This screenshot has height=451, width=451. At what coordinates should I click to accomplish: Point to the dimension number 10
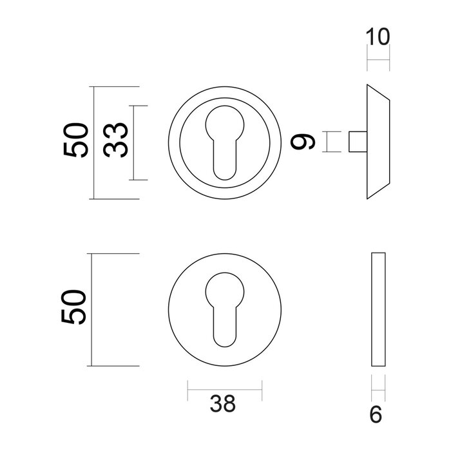coord(378,37)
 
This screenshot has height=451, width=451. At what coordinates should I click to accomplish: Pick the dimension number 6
coord(378,414)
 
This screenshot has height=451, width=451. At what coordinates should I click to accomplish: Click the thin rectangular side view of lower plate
coord(378,309)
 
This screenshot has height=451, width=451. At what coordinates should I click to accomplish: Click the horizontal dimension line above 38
coord(225,389)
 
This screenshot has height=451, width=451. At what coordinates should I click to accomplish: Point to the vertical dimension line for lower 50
coord(95,309)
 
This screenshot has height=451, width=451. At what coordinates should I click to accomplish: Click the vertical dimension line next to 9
coord(327,141)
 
